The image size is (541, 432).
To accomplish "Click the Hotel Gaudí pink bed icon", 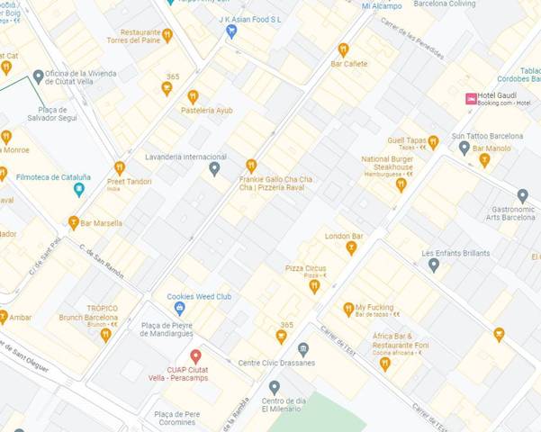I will (471, 98).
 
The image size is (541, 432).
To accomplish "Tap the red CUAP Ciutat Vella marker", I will (195, 356).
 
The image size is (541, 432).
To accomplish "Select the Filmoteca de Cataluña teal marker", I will (79, 189).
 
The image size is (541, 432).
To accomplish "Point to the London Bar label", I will (344, 236).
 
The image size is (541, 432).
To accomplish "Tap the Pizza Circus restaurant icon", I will (314, 286).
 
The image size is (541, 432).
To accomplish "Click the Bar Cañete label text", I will (349, 64).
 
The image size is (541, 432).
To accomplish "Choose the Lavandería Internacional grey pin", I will (214, 168).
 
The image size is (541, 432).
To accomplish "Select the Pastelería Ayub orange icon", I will (193, 96).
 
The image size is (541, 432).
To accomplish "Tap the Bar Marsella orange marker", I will (74, 222).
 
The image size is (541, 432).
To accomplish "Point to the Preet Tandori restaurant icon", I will (120, 167).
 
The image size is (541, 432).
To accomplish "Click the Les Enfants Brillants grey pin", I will (434, 265).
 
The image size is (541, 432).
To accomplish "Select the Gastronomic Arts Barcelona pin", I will (522, 195).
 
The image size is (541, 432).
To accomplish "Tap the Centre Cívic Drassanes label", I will (276, 363).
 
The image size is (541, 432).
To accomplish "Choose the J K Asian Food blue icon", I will (231, 31).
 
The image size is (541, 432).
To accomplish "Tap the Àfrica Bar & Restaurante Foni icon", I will (385, 364).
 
